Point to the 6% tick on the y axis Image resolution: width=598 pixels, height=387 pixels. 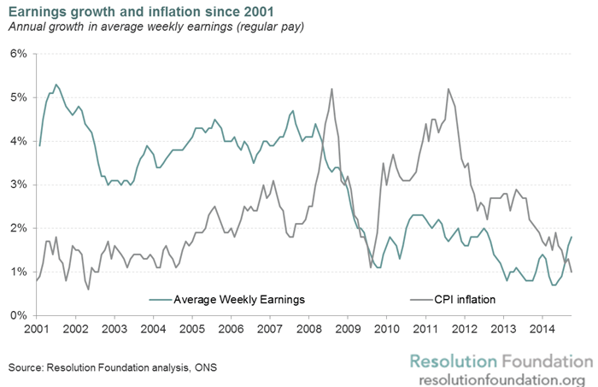18,53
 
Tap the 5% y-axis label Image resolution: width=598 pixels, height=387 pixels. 18,97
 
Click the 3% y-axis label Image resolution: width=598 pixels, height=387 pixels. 18,185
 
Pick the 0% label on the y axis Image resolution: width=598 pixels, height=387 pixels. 18,315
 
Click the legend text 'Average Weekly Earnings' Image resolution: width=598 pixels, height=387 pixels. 238,300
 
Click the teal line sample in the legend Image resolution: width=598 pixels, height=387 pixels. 159,300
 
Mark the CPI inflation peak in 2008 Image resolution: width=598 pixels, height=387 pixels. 331,89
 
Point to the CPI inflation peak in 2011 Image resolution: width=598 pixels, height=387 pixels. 448,89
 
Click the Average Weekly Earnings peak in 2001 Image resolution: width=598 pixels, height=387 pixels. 56,85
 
